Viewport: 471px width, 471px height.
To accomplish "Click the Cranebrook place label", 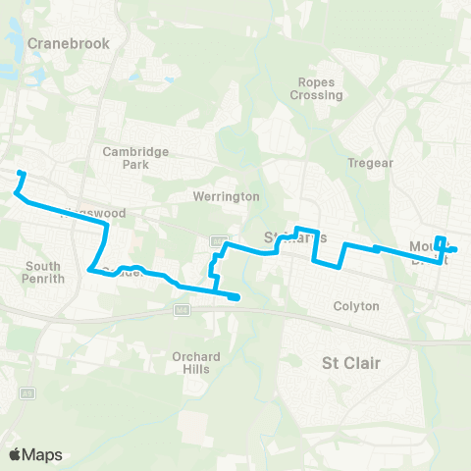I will coord(68,43).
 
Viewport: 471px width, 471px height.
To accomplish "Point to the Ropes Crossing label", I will coord(316,89).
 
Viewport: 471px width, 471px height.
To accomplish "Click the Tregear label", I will coord(370,163).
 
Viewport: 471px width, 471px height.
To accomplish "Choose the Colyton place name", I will coord(355,306).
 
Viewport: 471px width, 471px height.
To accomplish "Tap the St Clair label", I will coord(350,363).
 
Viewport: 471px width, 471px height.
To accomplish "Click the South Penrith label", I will coord(43,272).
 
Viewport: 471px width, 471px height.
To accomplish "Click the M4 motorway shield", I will coord(182,309).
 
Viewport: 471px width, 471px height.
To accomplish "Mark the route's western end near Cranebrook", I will coord(21,174).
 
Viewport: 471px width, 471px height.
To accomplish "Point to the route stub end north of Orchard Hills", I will coord(236,297).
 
